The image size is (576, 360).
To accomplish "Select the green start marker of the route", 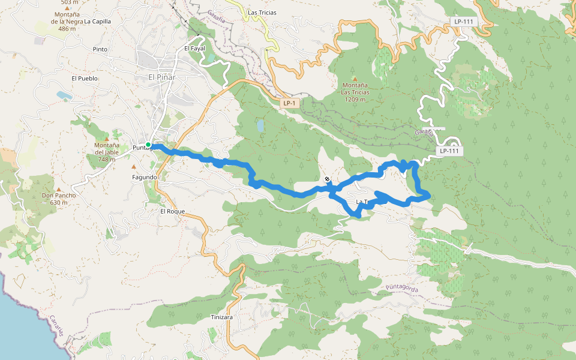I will click(x=148, y=145).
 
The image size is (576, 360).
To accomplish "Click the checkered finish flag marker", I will click(x=327, y=179).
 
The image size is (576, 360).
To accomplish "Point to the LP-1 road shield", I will click(x=289, y=103).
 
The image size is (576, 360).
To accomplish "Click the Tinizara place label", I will click(x=221, y=317).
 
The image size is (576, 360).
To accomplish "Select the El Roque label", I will click(x=172, y=212).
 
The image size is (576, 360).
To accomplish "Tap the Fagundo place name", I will click(x=144, y=178).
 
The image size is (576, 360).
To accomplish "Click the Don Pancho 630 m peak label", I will click(x=58, y=199).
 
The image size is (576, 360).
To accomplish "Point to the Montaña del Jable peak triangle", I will click(x=107, y=139).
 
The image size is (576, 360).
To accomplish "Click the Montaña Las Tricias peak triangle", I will click(x=355, y=79).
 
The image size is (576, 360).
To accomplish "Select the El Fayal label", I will click(x=195, y=49).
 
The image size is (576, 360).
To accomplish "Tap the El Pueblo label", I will click(x=84, y=78).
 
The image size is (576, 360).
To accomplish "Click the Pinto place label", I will click(x=100, y=49).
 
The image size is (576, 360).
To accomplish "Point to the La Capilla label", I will click(x=97, y=21).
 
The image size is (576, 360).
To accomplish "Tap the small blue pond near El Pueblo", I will click(x=64, y=95).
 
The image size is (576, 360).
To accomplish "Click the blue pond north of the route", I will click(x=260, y=125).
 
